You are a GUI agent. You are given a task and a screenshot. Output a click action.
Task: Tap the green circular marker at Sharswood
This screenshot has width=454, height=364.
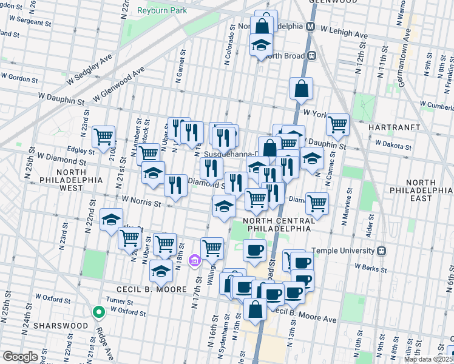pos(98,312)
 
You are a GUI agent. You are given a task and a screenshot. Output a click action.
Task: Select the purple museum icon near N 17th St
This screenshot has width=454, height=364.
pos(194,261)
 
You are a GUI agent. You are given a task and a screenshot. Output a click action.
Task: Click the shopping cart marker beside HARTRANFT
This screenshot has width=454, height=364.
pos(337,124)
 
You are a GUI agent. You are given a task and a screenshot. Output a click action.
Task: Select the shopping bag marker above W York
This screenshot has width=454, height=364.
pos(301,89)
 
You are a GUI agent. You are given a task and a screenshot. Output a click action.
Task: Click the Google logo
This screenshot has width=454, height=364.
pos(20,357)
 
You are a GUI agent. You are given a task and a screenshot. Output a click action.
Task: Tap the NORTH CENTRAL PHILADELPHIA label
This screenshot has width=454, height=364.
pos(278,224)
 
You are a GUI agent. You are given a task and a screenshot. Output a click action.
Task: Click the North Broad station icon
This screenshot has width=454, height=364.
pos(312,56)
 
